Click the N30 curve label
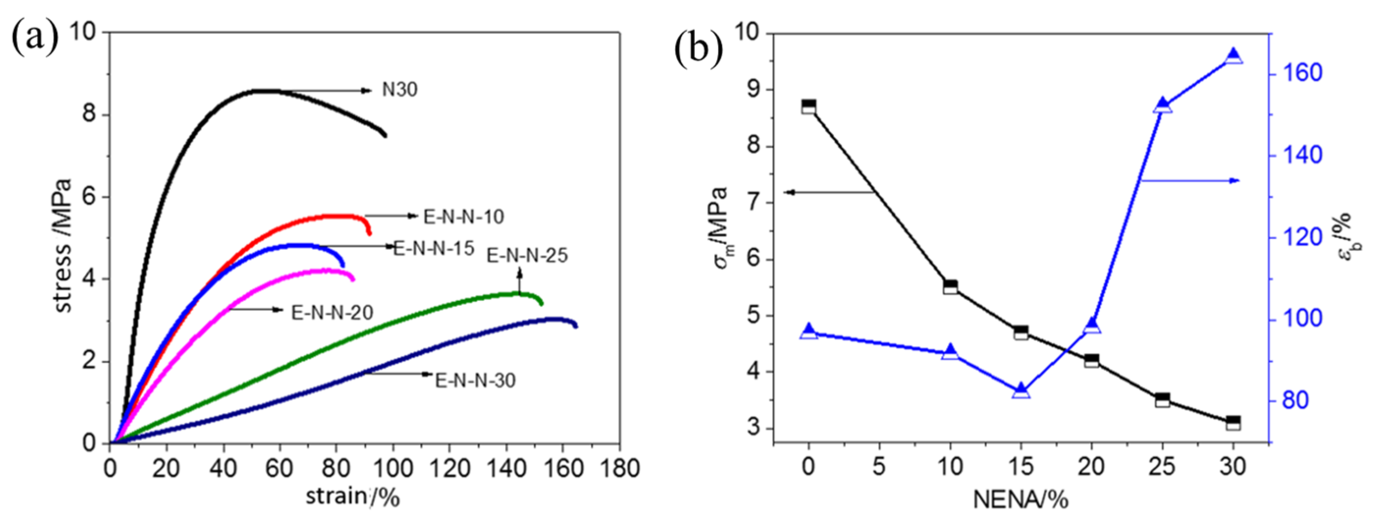coord(399,90)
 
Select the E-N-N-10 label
coord(464,216)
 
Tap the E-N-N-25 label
coord(527,255)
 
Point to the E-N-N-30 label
coord(475,380)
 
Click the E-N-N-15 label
coord(434,248)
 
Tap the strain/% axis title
coord(352,497)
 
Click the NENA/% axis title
coord(1021,500)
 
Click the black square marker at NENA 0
coord(808,106)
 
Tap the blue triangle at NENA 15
coord(1021,390)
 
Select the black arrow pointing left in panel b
coord(829,192)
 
